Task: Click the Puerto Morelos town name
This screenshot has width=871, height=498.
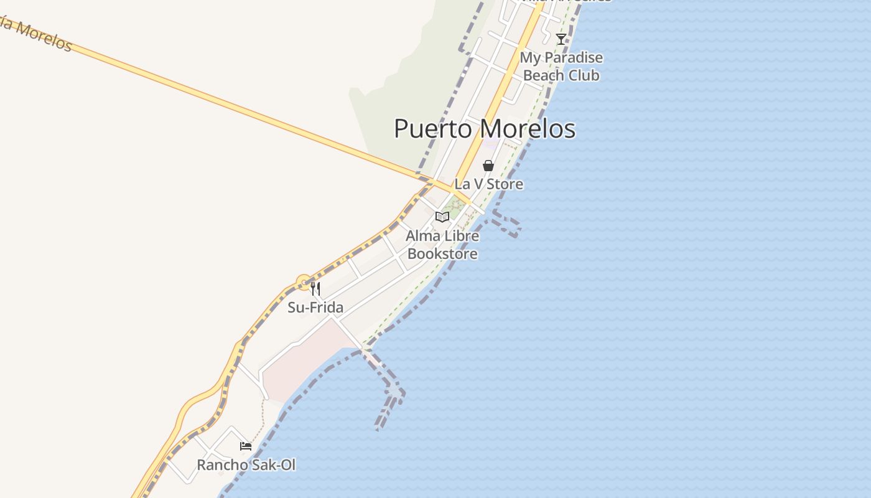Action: [x=484, y=129]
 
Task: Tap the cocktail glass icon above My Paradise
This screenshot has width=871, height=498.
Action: [x=561, y=39]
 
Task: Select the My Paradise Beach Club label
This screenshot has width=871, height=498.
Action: [x=561, y=66]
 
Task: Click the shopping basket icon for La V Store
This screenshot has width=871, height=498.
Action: [x=488, y=166]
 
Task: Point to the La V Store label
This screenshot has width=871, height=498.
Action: [x=488, y=184]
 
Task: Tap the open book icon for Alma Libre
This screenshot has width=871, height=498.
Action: [x=442, y=217]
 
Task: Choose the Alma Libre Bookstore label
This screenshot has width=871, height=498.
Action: [x=442, y=245]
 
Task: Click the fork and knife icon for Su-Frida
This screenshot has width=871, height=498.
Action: [x=315, y=288]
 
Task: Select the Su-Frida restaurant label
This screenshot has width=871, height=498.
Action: [x=315, y=308]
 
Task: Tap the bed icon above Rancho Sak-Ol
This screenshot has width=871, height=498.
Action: [x=246, y=446]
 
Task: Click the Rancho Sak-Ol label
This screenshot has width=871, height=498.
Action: [x=246, y=465]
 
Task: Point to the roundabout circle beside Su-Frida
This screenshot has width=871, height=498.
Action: [x=304, y=283]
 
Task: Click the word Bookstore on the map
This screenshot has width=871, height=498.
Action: [x=442, y=254]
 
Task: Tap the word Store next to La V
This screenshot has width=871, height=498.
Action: [x=505, y=184]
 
